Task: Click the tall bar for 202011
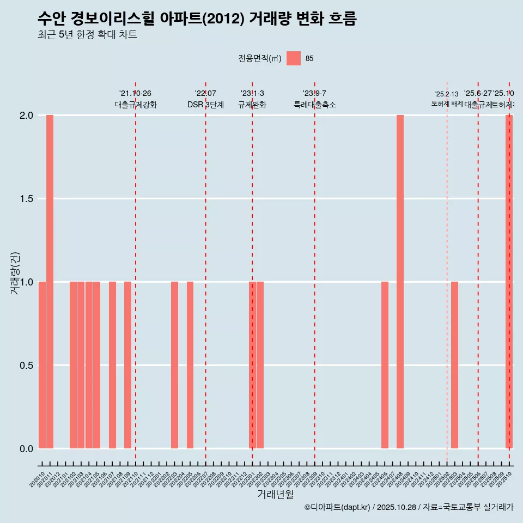(50, 282)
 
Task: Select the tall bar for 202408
(400, 282)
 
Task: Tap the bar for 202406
(385, 365)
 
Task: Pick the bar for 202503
(454, 365)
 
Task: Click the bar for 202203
(174, 365)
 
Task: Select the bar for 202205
(190, 365)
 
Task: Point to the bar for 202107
(112, 365)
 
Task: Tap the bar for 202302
(260, 365)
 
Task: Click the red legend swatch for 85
(294, 58)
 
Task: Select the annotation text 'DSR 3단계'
(205, 105)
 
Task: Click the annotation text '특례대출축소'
(314, 105)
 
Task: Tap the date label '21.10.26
(135, 93)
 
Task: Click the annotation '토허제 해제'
(447, 104)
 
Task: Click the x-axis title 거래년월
(275, 495)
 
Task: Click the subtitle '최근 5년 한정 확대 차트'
(87, 35)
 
